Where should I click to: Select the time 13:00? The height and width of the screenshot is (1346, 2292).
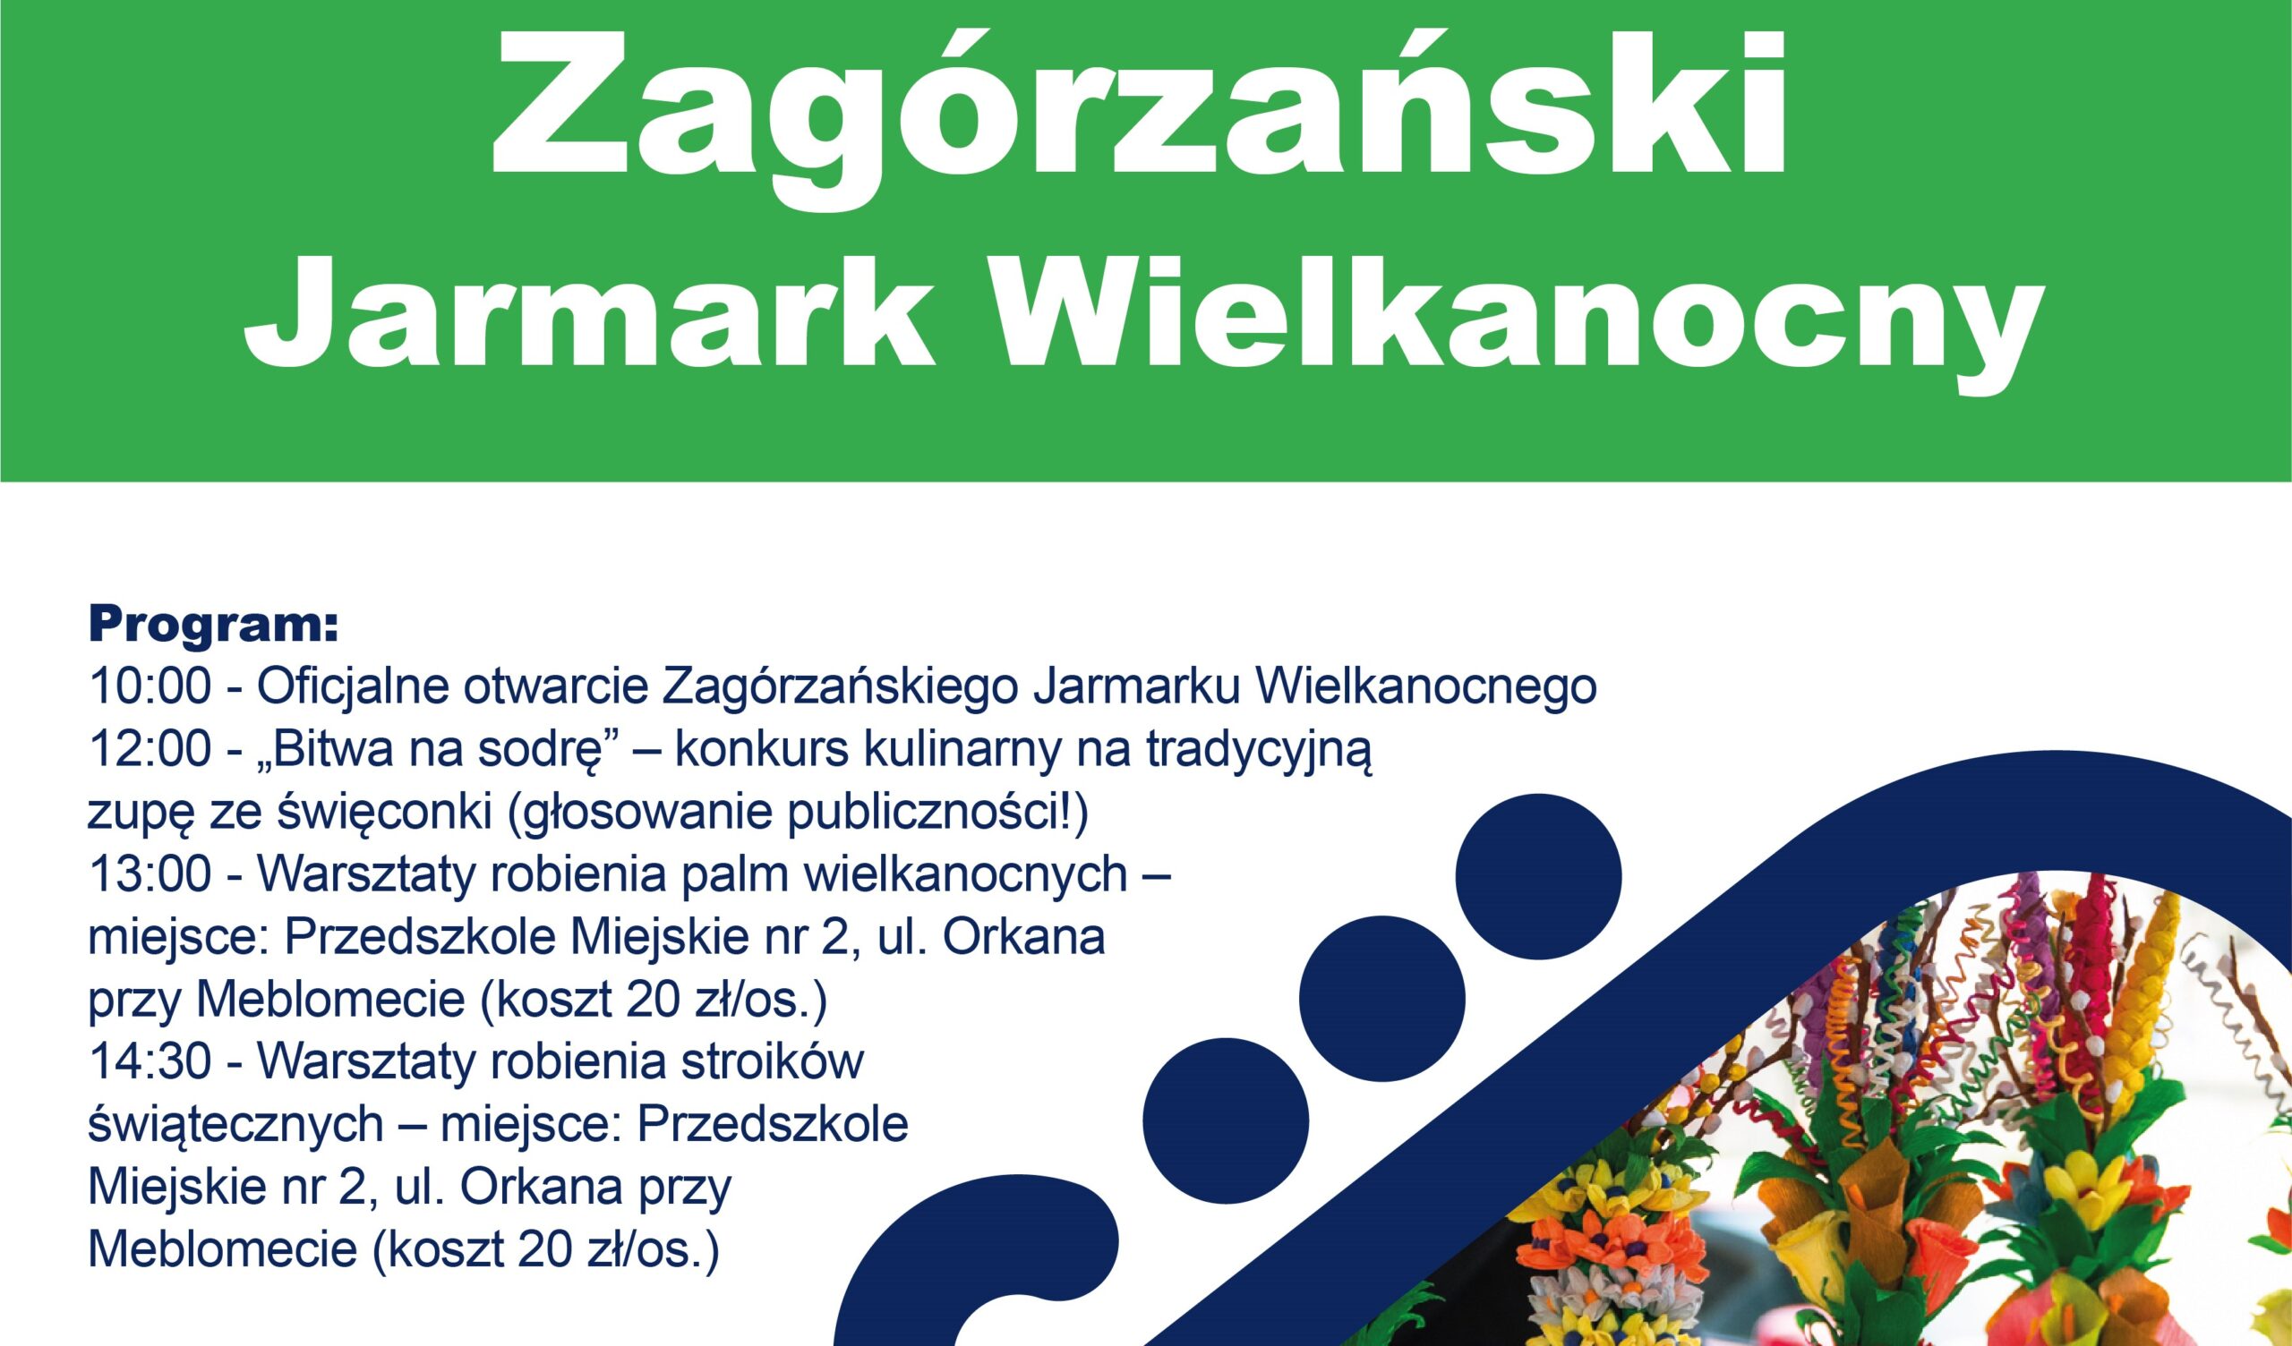(150, 878)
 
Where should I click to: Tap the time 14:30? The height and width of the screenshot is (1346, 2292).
(150, 1065)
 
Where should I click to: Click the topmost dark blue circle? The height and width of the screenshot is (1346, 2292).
(1539, 878)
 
